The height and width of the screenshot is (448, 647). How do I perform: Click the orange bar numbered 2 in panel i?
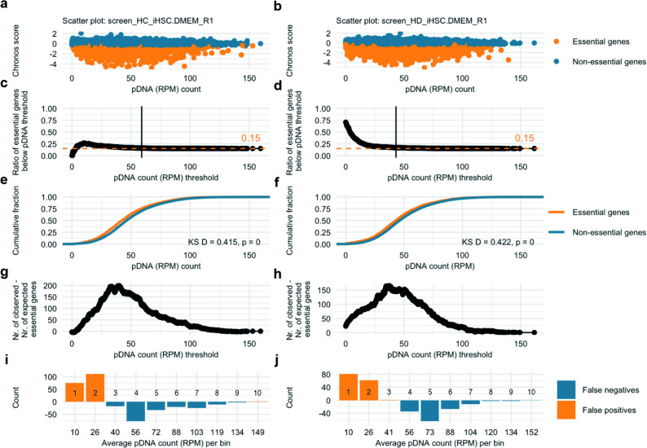pyautogui.click(x=95, y=388)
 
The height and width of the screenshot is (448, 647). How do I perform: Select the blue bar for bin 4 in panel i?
pyautogui.click(x=136, y=411)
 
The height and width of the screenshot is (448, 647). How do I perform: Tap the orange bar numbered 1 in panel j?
pyautogui.click(x=349, y=387)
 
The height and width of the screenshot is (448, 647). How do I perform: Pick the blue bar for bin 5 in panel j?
pyautogui.click(x=429, y=411)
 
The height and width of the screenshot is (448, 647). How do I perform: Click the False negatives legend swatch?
pyautogui.click(x=566, y=390)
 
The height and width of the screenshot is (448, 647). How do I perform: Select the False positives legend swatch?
pyautogui.click(x=566, y=410)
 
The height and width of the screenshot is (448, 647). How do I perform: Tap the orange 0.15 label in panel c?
pyautogui.click(x=251, y=138)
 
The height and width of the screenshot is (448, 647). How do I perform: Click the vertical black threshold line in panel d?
pyautogui.click(x=396, y=132)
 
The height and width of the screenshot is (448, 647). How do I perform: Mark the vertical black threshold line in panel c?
pyautogui.click(x=142, y=132)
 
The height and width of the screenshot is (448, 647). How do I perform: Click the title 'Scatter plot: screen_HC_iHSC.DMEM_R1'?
pyautogui.click(x=138, y=20)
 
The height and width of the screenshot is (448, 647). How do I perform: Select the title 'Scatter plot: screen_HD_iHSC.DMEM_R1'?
pyautogui.click(x=412, y=20)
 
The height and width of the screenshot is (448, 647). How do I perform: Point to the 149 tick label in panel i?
pyautogui.click(x=257, y=433)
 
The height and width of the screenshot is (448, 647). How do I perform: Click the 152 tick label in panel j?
pyautogui.click(x=531, y=433)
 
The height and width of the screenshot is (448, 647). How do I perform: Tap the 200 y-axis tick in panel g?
pyautogui.click(x=54, y=285)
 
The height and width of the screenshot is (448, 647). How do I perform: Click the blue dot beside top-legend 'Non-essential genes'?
pyautogui.click(x=557, y=61)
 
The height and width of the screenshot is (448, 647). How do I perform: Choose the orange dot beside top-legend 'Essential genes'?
pyautogui.click(x=557, y=42)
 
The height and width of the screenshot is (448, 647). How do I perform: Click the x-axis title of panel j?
pyautogui.click(x=439, y=443)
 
